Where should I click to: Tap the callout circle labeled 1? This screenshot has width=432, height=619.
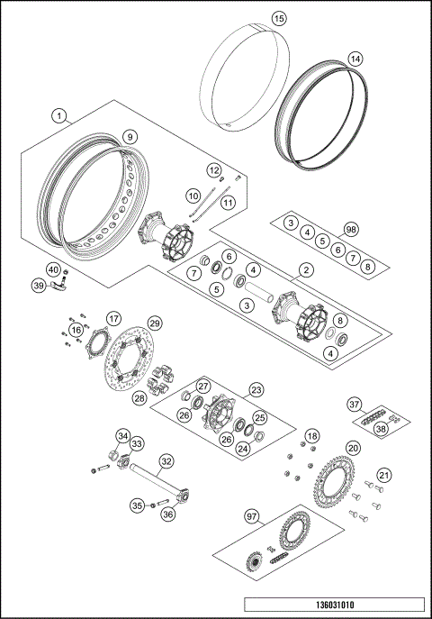tap(59, 115)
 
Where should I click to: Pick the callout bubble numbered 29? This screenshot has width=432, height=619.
tap(154, 323)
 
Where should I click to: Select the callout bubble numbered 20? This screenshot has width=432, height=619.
tap(353, 448)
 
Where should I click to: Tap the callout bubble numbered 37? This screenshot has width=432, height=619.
tap(355, 404)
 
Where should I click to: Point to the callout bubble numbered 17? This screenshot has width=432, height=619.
tap(113, 318)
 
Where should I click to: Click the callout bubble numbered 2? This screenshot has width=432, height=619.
tap(306, 269)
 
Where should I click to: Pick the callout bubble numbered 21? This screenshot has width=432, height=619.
tap(384, 475)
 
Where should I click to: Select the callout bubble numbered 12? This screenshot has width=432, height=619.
tap(214, 169)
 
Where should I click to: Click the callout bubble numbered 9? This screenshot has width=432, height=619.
tap(130, 137)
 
